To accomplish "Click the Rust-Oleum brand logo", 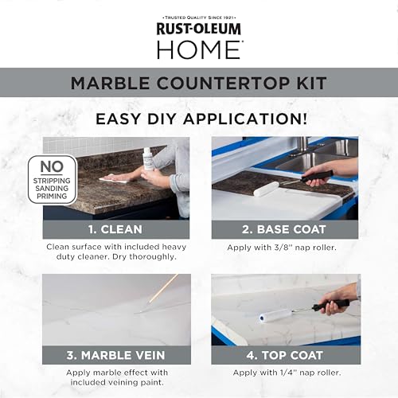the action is (x=199, y=29).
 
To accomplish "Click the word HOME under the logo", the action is (x=200, y=49).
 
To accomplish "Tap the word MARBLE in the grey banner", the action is (x=110, y=83).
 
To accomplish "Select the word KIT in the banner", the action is (x=312, y=83).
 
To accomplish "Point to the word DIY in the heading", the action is (x=162, y=119).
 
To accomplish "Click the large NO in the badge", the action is (x=52, y=167).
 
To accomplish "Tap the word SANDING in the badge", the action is (x=52, y=189).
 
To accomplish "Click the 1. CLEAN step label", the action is (x=115, y=229).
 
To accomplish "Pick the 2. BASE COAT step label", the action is (x=284, y=229).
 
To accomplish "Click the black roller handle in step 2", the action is (x=317, y=176).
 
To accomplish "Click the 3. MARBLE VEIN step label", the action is (x=115, y=355).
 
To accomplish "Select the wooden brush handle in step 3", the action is (x=163, y=288).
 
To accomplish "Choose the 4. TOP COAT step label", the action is (x=284, y=355).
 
